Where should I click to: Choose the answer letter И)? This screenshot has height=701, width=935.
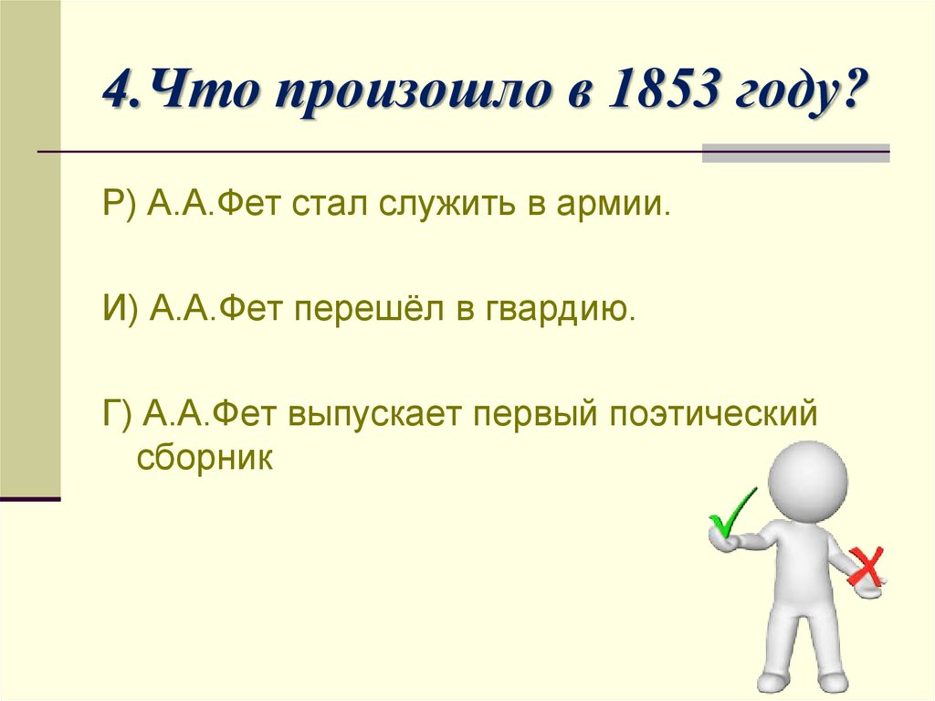(120, 310)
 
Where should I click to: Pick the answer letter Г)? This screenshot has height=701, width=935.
(117, 414)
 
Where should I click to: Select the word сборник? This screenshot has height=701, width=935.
(205, 456)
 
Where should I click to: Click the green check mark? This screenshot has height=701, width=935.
(731, 513)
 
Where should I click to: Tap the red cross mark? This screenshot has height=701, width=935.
(866, 566)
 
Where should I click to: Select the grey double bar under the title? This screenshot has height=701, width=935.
(795, 152)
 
